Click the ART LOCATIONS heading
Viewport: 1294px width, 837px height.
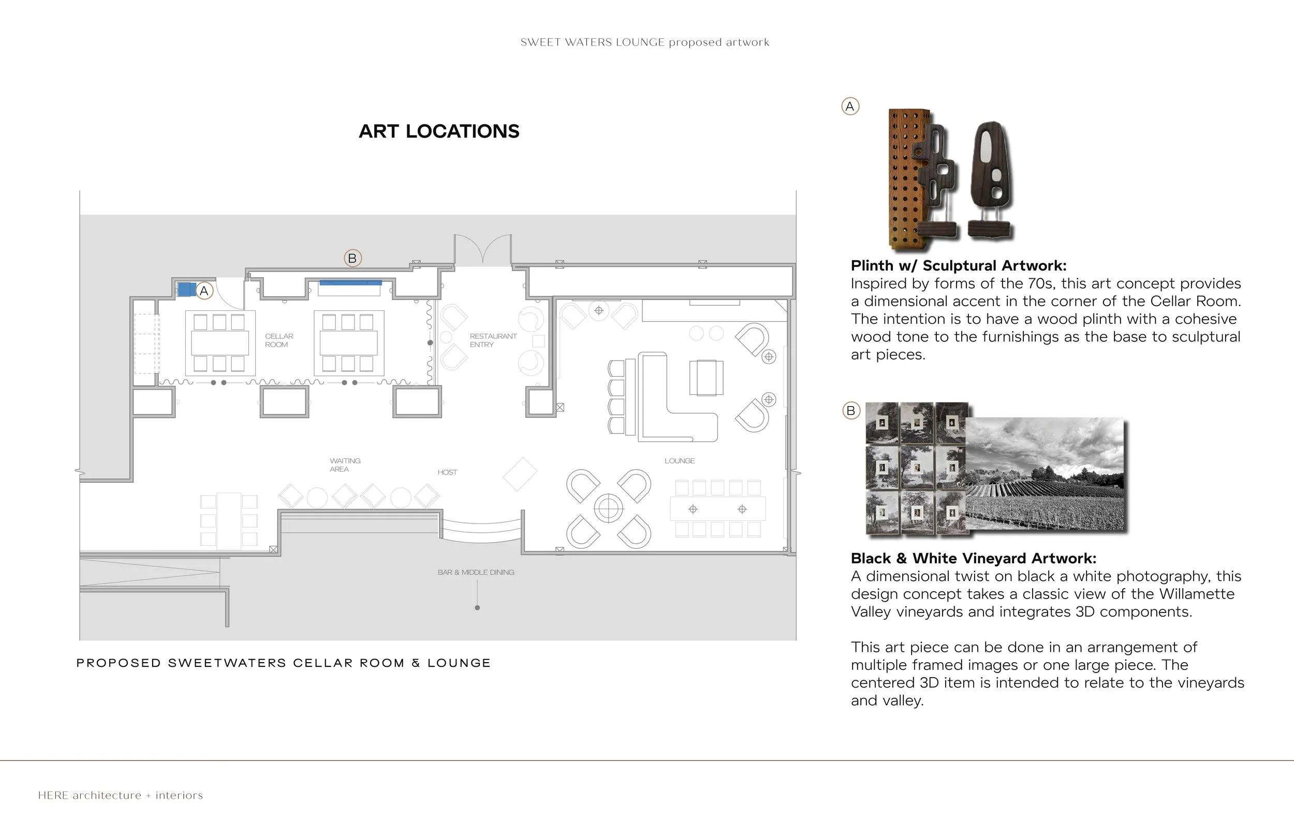439,131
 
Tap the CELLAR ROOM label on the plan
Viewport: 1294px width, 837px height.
279,340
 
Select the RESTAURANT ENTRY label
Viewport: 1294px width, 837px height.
493,340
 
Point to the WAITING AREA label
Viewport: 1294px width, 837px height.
345,465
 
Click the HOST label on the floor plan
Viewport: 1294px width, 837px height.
447,472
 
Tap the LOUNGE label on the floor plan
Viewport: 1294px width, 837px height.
679,461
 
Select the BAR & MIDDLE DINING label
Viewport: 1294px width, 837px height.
476,572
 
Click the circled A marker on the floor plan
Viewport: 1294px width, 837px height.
204,291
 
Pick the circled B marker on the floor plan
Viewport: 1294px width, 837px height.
352,258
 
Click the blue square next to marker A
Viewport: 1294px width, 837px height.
186,289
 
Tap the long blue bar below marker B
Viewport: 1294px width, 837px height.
351,282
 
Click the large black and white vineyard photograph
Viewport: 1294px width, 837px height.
1044,473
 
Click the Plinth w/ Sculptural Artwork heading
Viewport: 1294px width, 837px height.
958,266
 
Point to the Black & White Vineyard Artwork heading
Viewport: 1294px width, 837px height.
973,558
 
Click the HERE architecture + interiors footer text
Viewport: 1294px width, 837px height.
120,795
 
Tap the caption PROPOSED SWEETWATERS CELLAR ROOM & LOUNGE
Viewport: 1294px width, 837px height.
283,663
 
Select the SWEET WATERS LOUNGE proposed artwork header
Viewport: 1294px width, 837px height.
644,42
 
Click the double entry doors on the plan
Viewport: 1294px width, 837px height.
482,250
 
